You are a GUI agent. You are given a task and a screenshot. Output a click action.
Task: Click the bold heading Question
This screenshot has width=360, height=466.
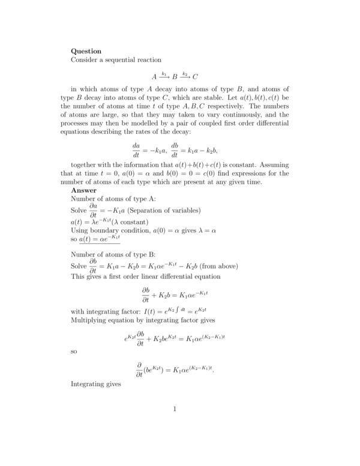(86, 51)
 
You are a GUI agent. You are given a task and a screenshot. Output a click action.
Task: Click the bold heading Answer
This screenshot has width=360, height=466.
(84, 190)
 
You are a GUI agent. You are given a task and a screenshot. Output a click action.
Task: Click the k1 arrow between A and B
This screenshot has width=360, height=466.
(164, 76)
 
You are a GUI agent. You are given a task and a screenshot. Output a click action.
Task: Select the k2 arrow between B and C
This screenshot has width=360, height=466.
(185, 76)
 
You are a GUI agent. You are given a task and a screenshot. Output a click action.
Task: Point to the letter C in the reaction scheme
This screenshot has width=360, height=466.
(196, 77)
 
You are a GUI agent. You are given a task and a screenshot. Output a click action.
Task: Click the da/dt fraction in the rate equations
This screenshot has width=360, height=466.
(136, 148)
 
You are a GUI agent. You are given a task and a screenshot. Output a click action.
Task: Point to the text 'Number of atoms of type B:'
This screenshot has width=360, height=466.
(113, 254)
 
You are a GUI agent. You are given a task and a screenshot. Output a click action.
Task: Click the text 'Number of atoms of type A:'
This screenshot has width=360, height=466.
(113, 200)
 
